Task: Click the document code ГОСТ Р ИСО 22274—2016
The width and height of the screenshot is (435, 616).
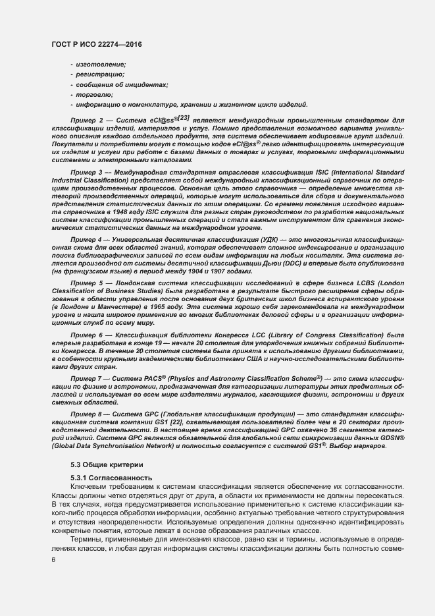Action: pos(97,43)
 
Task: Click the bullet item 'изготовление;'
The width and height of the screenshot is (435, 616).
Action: pos(100,63)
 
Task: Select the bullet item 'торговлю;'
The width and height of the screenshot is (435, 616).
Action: pos(95,95)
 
